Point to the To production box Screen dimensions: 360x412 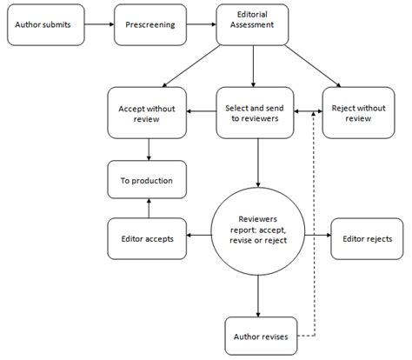click(146, 181)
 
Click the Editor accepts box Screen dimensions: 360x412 click(146, 238)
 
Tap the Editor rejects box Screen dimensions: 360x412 click(367, 238)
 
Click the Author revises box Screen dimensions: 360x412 click(259, 334)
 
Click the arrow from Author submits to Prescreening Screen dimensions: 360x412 click(99, 25)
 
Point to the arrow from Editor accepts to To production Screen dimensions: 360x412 click(150, 208)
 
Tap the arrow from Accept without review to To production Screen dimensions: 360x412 click(150, 149)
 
